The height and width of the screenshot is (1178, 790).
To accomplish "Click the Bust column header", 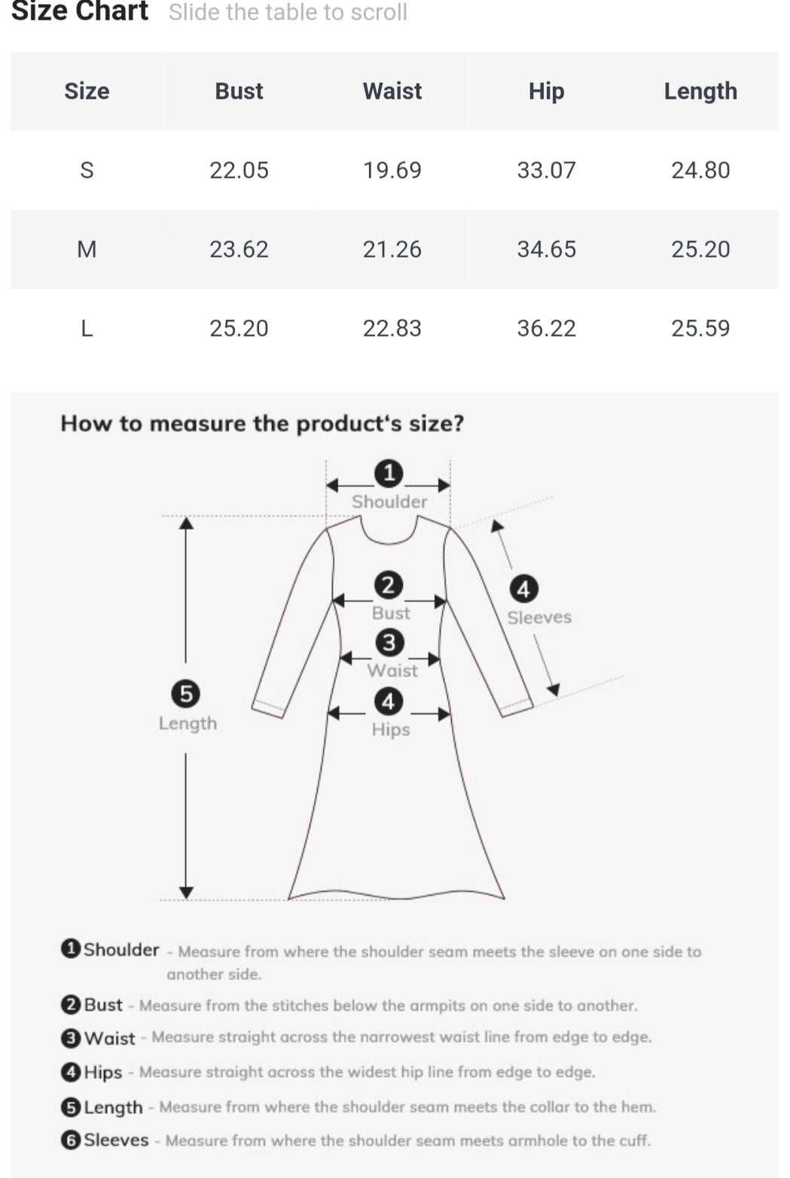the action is (x=239, y=91).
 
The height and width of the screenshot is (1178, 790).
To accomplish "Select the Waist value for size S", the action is (x=392, y=170).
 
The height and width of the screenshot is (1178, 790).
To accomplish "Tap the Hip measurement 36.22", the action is (x=546, y=328).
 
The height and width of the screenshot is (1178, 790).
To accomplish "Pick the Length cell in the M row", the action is (x=700, y=248).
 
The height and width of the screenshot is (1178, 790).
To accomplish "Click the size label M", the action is (x=87, y=248).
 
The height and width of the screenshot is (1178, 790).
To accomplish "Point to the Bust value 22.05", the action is (x=239, y=170).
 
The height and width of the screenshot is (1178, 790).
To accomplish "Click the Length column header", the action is (x=700, y=92).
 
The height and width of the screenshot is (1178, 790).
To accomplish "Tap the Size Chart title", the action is (x=80, y=11).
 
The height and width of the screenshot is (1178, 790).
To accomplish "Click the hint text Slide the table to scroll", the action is (x=288, y=12).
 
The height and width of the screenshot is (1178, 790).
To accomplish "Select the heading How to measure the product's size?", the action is (x=262, y=423).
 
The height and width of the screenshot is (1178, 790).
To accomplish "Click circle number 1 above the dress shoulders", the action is (x=389, y=473).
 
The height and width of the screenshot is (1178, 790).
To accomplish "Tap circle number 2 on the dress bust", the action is (x=389, y=586).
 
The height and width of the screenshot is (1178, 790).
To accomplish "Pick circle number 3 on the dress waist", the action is (x=389, y=643).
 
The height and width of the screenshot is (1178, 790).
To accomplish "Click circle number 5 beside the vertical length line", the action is (x=186, y=694).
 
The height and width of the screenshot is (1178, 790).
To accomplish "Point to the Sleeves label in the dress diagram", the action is (x=539, y=617).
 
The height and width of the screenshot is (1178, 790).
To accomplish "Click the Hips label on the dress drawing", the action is (x=391, y=730).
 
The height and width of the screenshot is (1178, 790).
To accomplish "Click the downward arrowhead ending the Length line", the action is (x=186, y=892).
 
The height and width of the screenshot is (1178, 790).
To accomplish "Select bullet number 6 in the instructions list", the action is (x=71, y=1140).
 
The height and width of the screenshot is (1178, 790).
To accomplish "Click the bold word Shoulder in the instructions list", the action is (x=121, y=950).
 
